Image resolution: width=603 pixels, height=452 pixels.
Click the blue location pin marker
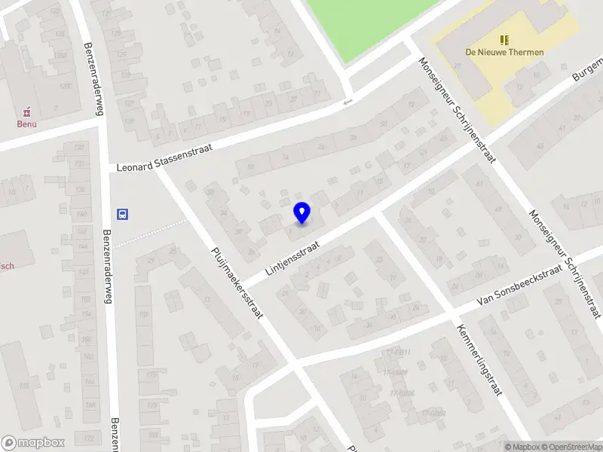pyautogui.click(x=301, y=212)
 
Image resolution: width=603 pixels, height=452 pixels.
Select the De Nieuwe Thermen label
pyautogui.click(x=504, y=52)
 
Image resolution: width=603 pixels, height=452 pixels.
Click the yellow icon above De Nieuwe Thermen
pyautogui.click(x=504, y=39)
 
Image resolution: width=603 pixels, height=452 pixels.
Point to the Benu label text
pyautogui.click(x=29, y=124)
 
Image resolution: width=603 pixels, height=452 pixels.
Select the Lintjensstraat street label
pyautogui.click(x=292, y=258)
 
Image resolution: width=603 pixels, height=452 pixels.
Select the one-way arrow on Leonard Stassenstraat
pyautogui.click(x=347, y=102)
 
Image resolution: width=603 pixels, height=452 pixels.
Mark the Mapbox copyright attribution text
pyautogui.click(x=522, y=447)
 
